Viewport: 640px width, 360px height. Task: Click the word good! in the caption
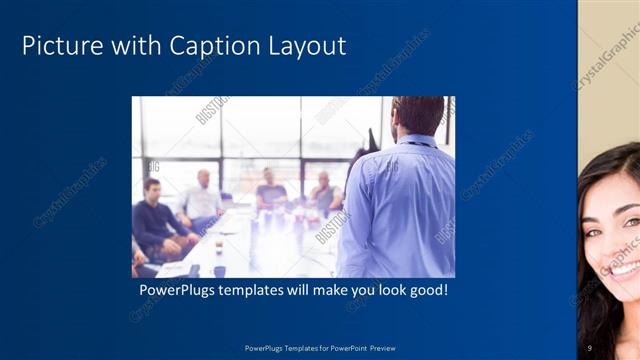(426, 291)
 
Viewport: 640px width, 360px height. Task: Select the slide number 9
(592, 348)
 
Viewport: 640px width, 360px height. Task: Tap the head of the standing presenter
(417, 116)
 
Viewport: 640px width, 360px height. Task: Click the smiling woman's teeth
(626, 268)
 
